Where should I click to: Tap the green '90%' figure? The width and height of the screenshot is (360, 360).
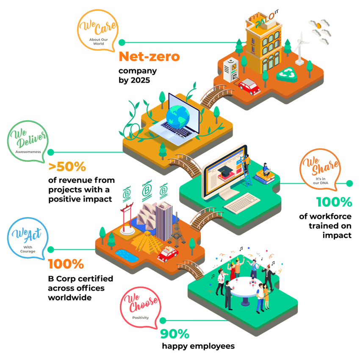pyautogui.click(x=174, y=334)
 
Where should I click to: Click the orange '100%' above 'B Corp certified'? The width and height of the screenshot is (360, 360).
pyautogui.click(x=66, y=264)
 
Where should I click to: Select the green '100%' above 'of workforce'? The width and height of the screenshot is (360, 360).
pyautogui.click(x=334, y=202)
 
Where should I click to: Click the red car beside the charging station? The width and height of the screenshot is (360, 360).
pyautogui.click(x=249, y=87)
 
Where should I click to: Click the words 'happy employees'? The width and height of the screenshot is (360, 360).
pyautogui.click(x=198, y=346)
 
